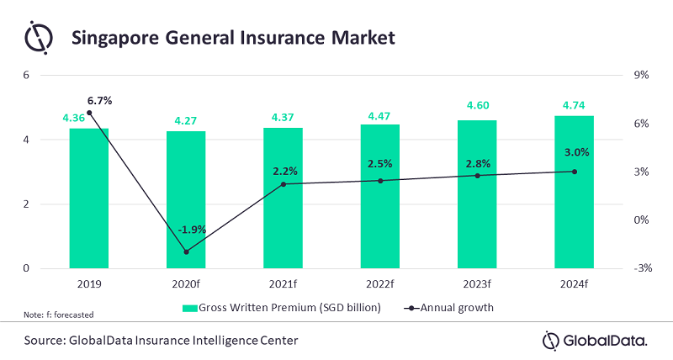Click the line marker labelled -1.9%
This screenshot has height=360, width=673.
pos(186,251)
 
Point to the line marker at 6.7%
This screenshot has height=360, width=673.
pos(89,113)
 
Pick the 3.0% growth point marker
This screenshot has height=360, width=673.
pos(575,172)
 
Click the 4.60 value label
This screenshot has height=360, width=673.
pos(477,104)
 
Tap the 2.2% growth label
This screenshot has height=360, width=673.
pos(284,171)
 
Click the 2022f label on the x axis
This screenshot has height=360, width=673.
pos(380,284)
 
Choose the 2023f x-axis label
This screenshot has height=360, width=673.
pos(477,284)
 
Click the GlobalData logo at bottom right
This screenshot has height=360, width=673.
pos(595,340)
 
